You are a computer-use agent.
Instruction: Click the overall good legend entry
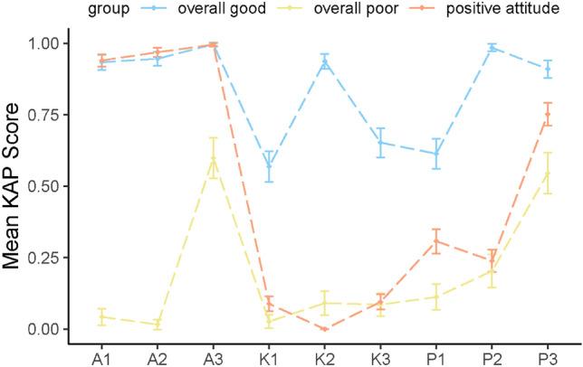click(x=224, y=11)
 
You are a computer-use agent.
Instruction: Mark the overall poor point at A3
click(x=213, y=158)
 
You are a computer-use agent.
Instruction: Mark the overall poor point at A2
click(x=158, y=324)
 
